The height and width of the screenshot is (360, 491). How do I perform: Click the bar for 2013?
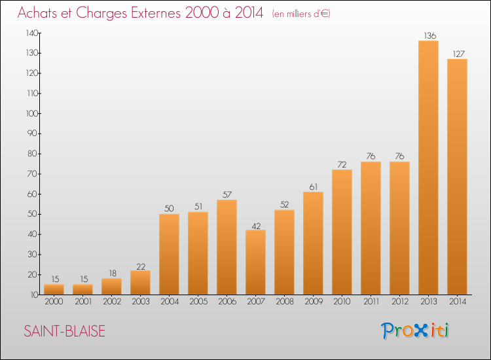pyautogui.click(x=428, y=168)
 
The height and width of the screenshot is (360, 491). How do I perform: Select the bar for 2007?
pyautogui.click(x=255, y=262)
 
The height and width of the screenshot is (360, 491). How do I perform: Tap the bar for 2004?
pyautogui.click(x=169, y=254)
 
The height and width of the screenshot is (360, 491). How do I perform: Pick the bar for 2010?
pyautogui.click(x=342, y=232)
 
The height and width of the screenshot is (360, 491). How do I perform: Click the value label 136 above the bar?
pyautogui.click(x=428, y=35)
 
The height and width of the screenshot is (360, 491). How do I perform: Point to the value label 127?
pyautogui.click(x=457, y=54)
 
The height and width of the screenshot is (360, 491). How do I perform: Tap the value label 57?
pyautogui.click(x=227, y=194)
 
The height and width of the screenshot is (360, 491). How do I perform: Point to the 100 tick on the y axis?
pyautogui.click(x=32, y=113)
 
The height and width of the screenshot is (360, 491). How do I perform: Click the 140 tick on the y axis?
pyautogui.click(x=32, y=33)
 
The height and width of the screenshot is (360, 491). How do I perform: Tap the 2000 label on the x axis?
pyautogui.click(x=54, y=302)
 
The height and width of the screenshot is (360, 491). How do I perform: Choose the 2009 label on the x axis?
pyautogui.click(x=313, y=302)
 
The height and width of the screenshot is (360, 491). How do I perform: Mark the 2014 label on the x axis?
pyautogui.click(x=457, y=302)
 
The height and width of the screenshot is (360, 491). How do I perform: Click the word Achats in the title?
pyautogui.click(x=39, y=13)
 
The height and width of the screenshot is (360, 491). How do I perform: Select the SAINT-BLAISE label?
pyautogui.click(x=64, y=331)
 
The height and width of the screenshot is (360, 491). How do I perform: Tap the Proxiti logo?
pyautogui.click(x=416, y=331)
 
